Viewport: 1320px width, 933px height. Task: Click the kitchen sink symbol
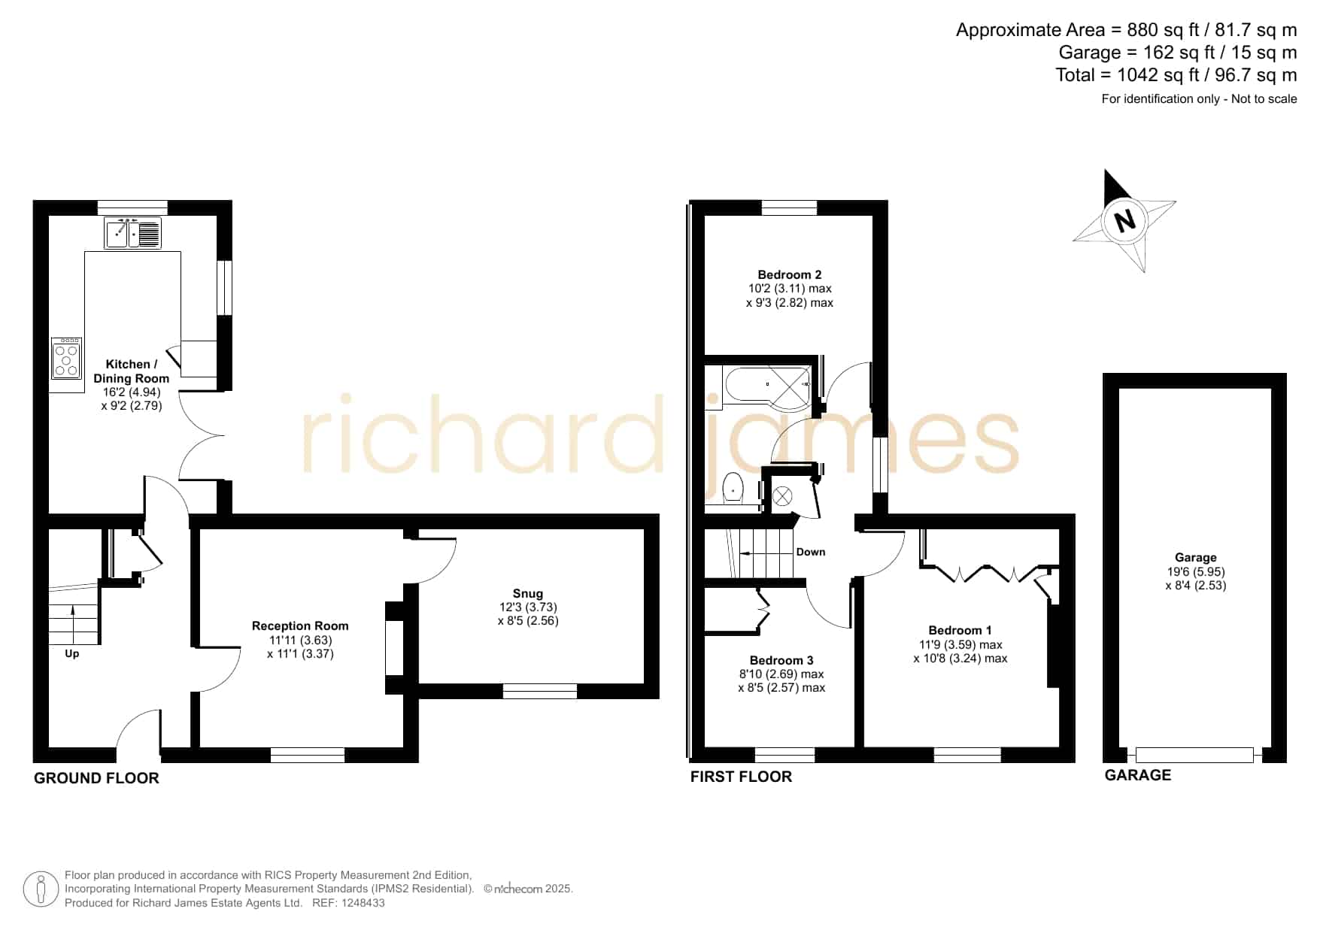pyautogui.click(x=132, y=232)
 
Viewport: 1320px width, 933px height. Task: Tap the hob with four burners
pyautogui.click(x=67, y=358)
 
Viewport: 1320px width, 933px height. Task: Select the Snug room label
pyautogui.click(x=528, y=593)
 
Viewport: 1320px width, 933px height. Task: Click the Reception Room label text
pyautogui.click(x=300, y=626)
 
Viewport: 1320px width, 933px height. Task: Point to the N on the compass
pyautogui.click(x=1124, y=221)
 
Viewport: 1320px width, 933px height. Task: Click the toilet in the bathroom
pyautogui.click(x=732, y=489)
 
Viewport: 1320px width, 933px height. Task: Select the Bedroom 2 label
pyautogui.click(x=790, y=274)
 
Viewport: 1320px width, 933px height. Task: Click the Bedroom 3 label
pyautogui.click(x=781, y=660)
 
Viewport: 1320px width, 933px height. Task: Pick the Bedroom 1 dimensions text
pyautogui.click(x=960, y=651)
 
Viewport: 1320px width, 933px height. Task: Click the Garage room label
pyautogui.click(x=1196, y=557)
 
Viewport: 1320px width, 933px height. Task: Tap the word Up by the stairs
pyautogui.click(x=72, y=653)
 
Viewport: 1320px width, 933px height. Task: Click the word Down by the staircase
pyautogui.click(x=811, y=552)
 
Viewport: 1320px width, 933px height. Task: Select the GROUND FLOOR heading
pyautogui.click(x=96, y=778)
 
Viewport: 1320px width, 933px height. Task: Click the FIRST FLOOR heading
pyautogui.click(x=741, y=777)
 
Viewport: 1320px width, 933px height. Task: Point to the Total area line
pyautogui.click(x=1176, y=75)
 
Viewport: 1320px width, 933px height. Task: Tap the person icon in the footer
pyautogui.click(x=41, y=889)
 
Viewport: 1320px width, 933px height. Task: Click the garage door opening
pyautogui.click(x=1195, y=755)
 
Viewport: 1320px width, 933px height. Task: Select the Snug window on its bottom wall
pyautogui.click(x=540, y=691)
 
